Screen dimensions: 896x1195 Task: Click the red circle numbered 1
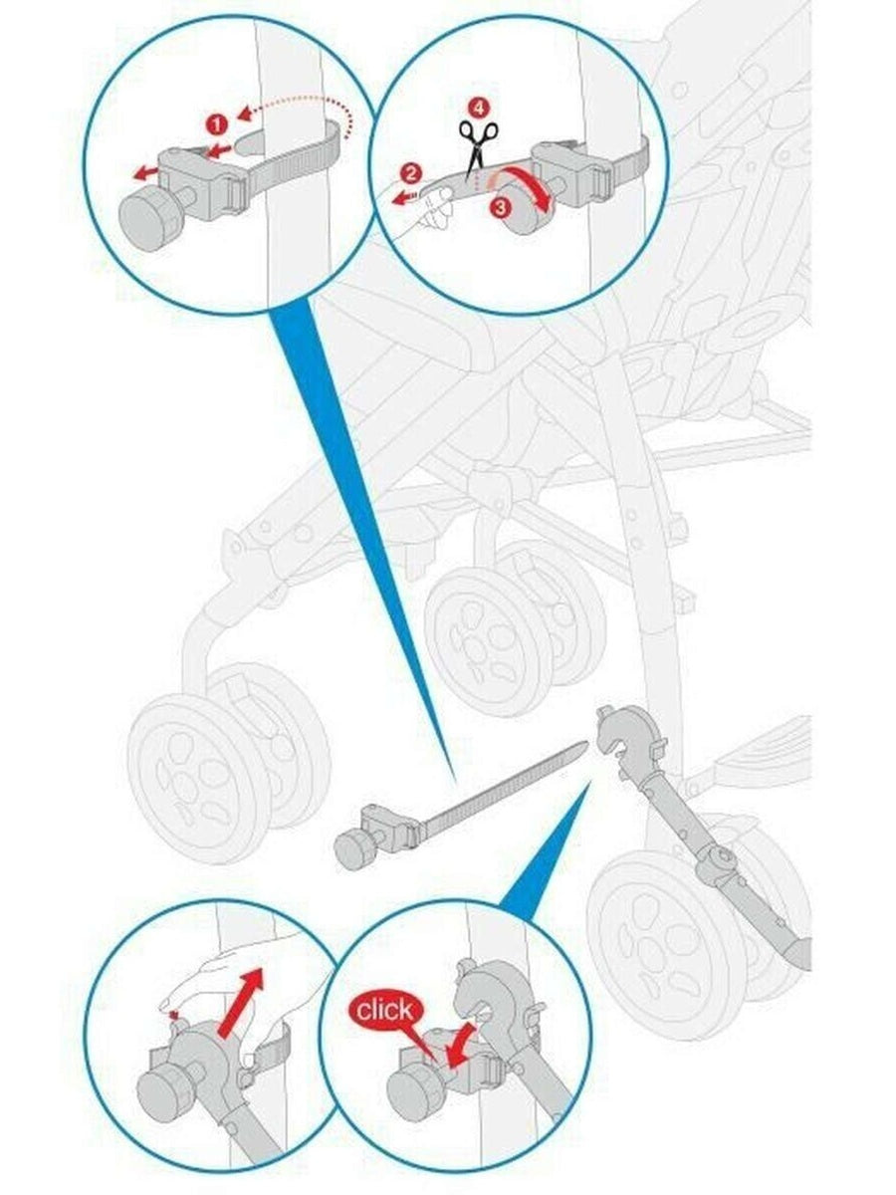tap(216, 125)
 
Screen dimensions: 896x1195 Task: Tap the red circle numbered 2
tap(412, 174)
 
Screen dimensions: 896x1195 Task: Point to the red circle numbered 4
tap(478, 108)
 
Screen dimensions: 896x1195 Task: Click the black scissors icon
tap(478, 148)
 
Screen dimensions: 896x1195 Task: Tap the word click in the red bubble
tap(384, 1010)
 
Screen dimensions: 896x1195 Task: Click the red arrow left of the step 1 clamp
tap(144, 173)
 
